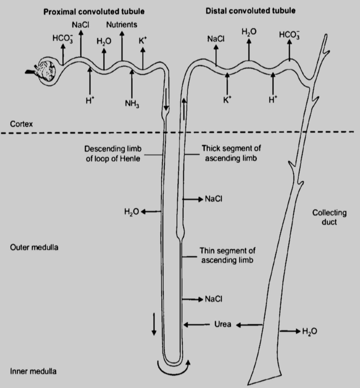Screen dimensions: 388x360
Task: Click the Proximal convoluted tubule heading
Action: pos(94,12)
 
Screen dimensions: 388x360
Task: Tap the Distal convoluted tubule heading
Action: pos(250,11)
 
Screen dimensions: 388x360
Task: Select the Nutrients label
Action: pos(122,25)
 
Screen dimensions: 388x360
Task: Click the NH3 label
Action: pos(132,103)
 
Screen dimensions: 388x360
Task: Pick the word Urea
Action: pos(222,324)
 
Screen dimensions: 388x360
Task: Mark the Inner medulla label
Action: pos(33,371)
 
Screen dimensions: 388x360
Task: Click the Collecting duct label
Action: pos(329,217)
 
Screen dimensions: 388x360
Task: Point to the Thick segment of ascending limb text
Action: pos(231,154)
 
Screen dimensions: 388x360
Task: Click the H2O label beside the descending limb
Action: pos(132,212)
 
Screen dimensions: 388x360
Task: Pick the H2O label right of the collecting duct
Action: pos(309,331)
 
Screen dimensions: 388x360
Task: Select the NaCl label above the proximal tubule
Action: pos(80,25)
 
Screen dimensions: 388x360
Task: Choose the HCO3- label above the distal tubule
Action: pos(289,35)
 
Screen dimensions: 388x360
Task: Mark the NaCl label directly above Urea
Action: pos(213,299)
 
